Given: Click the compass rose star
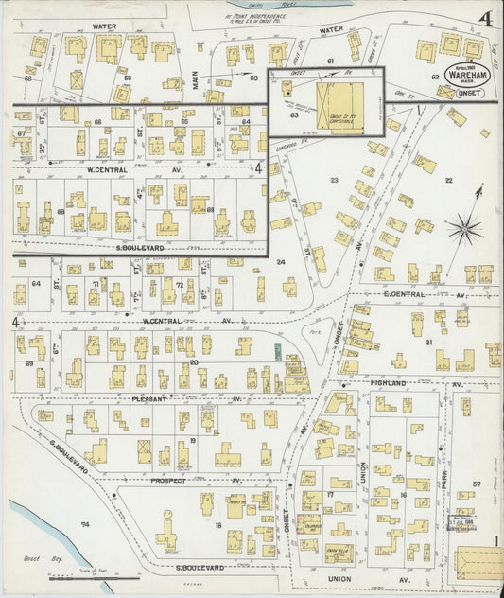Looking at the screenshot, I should pyautogui.click(x=464, y=227).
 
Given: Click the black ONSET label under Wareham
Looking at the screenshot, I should pyautogui.click(x=470, y=93).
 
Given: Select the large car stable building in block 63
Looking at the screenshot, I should pyautogui.click(x=339, y=101).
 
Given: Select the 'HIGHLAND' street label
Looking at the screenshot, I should pyautogui.click(x=388, y=383).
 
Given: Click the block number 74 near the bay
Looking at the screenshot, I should pyautogui.click(x=84, y=523).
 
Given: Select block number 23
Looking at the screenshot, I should pyautogui.click(x=333, y=179).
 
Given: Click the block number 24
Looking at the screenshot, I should pyautogui.click(x=280, y=261).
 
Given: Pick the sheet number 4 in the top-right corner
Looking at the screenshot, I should pyautogui.click(x=484, y=18).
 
